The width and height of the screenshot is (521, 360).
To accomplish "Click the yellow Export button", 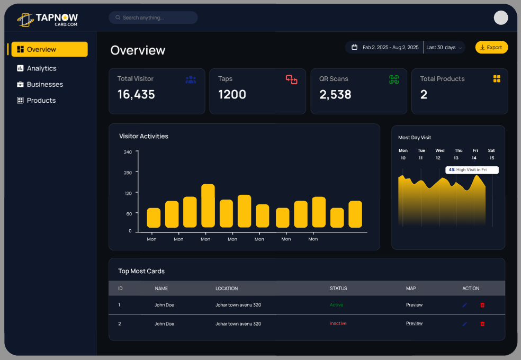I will pos(491,48).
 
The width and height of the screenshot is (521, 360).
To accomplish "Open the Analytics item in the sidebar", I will pos(41,68).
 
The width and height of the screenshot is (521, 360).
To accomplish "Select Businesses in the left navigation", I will pos(44,84).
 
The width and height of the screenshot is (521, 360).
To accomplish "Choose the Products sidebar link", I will pos(41,100).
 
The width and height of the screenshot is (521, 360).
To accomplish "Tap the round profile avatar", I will pos(501,17).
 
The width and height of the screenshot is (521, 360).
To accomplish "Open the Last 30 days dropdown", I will pos(444,48).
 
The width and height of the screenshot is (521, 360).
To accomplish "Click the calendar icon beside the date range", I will pos(355,48).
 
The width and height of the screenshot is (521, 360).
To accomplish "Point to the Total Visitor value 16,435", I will pos(136,95).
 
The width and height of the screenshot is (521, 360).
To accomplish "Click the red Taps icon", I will pos(292,79).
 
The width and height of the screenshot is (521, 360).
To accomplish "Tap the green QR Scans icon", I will pos(393,79).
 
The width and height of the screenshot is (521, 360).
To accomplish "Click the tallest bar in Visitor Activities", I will pos(208,206).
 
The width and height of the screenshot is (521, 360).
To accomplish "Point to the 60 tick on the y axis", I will pos(128,213).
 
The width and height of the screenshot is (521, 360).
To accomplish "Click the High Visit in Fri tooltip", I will pos(472,170).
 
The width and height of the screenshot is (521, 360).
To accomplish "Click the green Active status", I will pos(336,305).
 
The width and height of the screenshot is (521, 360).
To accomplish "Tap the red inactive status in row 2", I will pos(338,323).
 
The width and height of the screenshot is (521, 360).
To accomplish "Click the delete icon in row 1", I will pos(482,305).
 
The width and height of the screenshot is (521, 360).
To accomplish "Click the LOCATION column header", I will pos(227,289).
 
